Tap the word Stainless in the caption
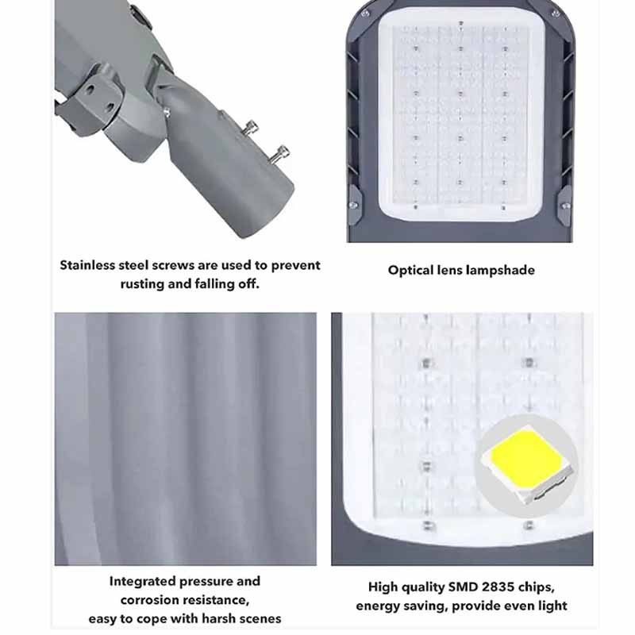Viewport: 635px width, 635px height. (88, 265)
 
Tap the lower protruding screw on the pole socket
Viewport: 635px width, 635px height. (280, 154)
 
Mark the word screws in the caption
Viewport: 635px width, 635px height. (173, 266)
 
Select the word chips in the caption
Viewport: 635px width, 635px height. (540, 587)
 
